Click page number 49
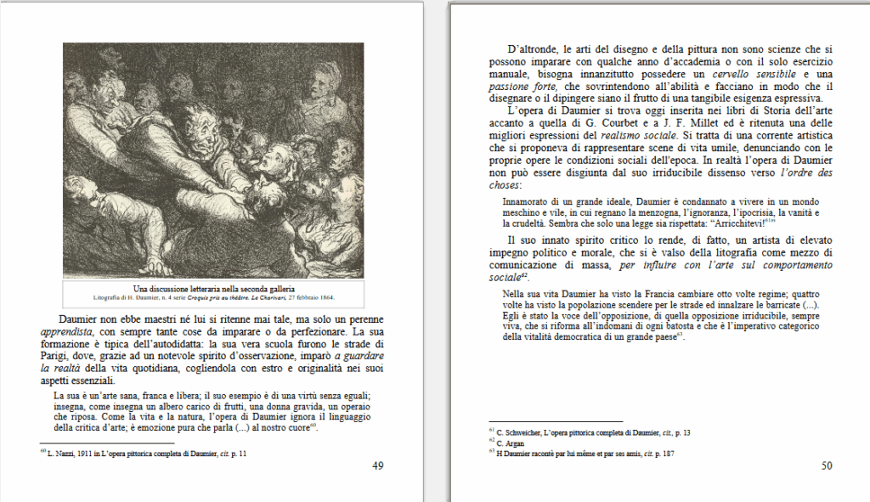(x=378, y=465)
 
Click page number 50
(x=827, y=465)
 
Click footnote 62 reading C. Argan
(x=510, y=443)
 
